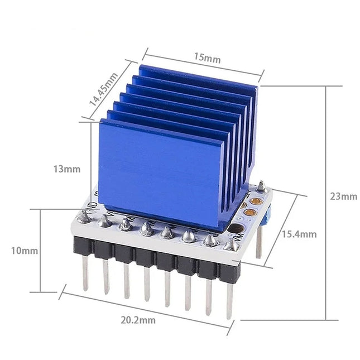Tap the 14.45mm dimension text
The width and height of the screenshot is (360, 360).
pos(103,91)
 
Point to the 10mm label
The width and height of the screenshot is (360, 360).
pos(25,251)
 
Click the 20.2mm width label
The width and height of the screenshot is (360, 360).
pos(137,319)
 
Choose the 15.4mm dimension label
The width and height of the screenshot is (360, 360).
pos(299,234)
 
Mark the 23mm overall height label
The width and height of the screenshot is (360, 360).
pos(343,196)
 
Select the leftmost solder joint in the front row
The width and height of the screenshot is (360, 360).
pos(84,217)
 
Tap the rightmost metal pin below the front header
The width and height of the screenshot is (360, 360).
pos(229,299)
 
